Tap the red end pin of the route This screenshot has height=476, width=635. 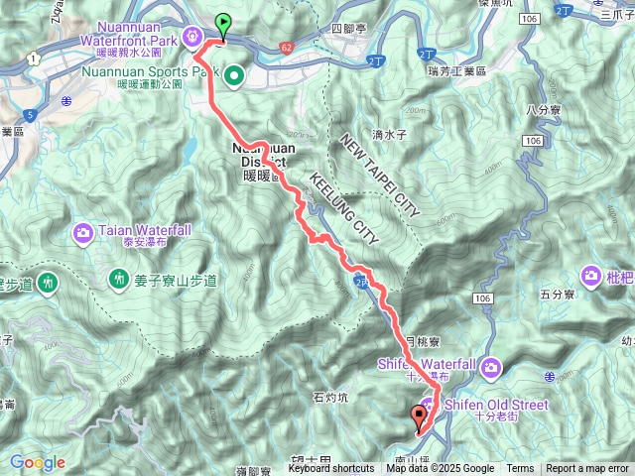coord(419,417)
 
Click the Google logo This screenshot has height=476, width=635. coord(37,462)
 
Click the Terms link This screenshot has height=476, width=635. coord(520,469)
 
